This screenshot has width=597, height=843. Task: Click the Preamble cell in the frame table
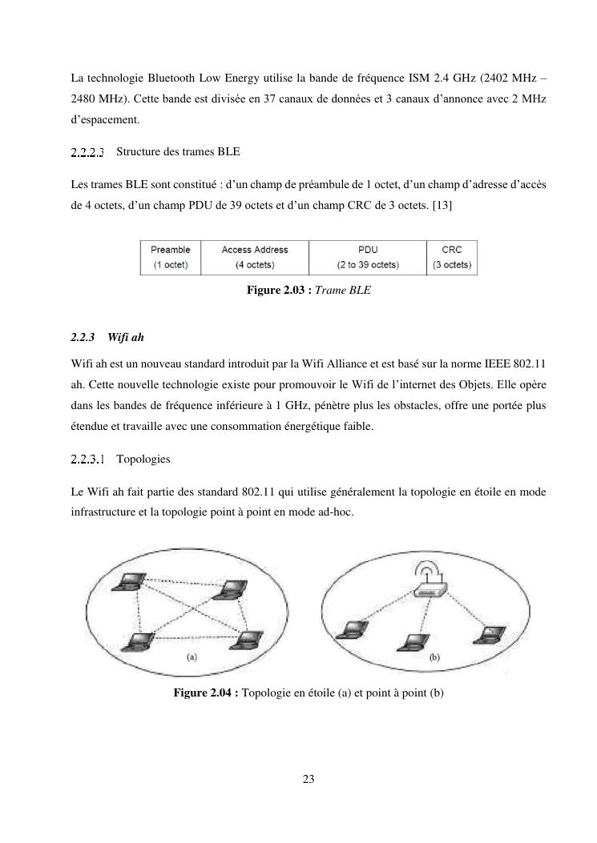click(x=171, y=258)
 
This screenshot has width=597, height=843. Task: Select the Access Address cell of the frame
click(x=255, y=258)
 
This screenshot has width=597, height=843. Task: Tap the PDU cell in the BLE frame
click(x=368, y=258)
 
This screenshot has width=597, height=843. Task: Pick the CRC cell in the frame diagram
click(x=452, y=258)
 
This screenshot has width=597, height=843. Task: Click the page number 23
click(x=309, y=779)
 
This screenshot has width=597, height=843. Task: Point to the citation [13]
click(x=442, y=206)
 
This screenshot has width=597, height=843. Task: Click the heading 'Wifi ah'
click(x=126, y=338)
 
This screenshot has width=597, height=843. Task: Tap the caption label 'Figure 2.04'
click(x=203, y=692)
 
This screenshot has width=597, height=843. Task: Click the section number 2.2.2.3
click(x=87, y=152)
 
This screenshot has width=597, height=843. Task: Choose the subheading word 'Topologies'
click(x=143, y=460)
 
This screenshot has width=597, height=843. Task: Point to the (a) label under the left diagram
click(x=192, y=656)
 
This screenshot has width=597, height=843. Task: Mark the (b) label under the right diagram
click(x=434, y=657)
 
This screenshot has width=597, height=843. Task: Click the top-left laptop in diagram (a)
click(x=129, y=582)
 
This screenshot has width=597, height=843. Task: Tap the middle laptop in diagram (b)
click(x=413, y=643)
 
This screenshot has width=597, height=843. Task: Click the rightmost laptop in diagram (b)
click(x=489, y=635)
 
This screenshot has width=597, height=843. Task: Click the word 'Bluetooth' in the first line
click(x=171, y=78)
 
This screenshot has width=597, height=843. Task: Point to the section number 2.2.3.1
click(x=87, y=460)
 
